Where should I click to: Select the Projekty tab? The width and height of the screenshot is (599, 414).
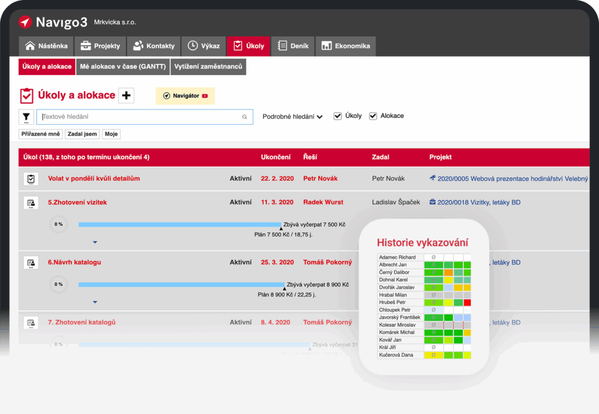point(100,46)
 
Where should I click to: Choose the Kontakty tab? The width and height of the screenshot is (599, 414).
point(154,46)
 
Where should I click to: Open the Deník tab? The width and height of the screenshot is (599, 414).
point(293,46)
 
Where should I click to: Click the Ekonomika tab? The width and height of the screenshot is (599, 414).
point(346,46)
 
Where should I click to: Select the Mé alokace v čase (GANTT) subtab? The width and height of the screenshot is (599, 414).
point(123,67)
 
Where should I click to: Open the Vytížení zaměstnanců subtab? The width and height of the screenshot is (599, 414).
point(208,67)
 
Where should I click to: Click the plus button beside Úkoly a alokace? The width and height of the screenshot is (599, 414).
point(126,95)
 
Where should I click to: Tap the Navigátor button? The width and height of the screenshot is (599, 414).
point(185,95)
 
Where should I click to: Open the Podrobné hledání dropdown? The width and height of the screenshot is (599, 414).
point(292,117)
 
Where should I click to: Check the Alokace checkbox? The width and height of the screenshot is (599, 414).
point(373,116)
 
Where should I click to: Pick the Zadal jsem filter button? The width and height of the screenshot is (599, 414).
point(82,134)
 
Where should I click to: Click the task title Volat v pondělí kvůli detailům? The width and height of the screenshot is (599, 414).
point(94,179)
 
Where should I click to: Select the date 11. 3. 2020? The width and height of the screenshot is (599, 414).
point(277,203)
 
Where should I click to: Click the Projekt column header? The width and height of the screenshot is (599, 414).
point(440,157)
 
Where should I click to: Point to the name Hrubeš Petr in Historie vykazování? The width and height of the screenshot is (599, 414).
point(392,302)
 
